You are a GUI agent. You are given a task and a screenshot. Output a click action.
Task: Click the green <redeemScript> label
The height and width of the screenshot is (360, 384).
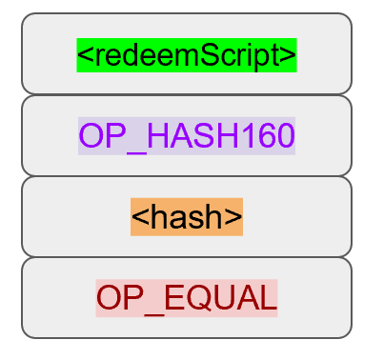(x=187, y=55)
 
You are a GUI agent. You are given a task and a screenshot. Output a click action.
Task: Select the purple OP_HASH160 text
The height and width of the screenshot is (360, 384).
(x=187, y=136)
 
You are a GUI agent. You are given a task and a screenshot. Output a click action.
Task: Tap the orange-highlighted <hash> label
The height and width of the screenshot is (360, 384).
(x=187, y=217)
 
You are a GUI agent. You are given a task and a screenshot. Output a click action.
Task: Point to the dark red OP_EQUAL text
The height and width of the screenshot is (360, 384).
(x=187, y=298)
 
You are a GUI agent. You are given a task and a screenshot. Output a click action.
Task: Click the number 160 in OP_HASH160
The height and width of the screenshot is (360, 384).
(x=271, y=136)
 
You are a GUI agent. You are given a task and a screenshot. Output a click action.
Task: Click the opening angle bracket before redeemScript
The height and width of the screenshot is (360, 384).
(x=84, y=56)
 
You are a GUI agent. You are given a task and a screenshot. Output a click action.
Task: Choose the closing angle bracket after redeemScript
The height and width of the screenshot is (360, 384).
(x=290, y=56)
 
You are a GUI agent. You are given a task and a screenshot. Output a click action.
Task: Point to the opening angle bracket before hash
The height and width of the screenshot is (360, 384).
(x=138, y=218)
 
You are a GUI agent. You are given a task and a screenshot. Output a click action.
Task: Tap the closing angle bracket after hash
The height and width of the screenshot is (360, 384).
(x=235, y=218)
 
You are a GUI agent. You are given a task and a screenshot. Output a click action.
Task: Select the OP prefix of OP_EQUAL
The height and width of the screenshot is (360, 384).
(x=121, y=298)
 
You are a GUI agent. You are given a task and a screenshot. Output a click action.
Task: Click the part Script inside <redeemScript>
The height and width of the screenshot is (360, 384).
(x=244, y=55)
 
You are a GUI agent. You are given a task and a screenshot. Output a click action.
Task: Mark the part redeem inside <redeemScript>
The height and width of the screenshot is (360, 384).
(x=143, y=55)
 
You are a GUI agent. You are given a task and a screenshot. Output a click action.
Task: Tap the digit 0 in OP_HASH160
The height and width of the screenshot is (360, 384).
(x=285, y=136)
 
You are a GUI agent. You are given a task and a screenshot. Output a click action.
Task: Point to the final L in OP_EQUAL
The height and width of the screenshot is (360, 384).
(x=269, y=298)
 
